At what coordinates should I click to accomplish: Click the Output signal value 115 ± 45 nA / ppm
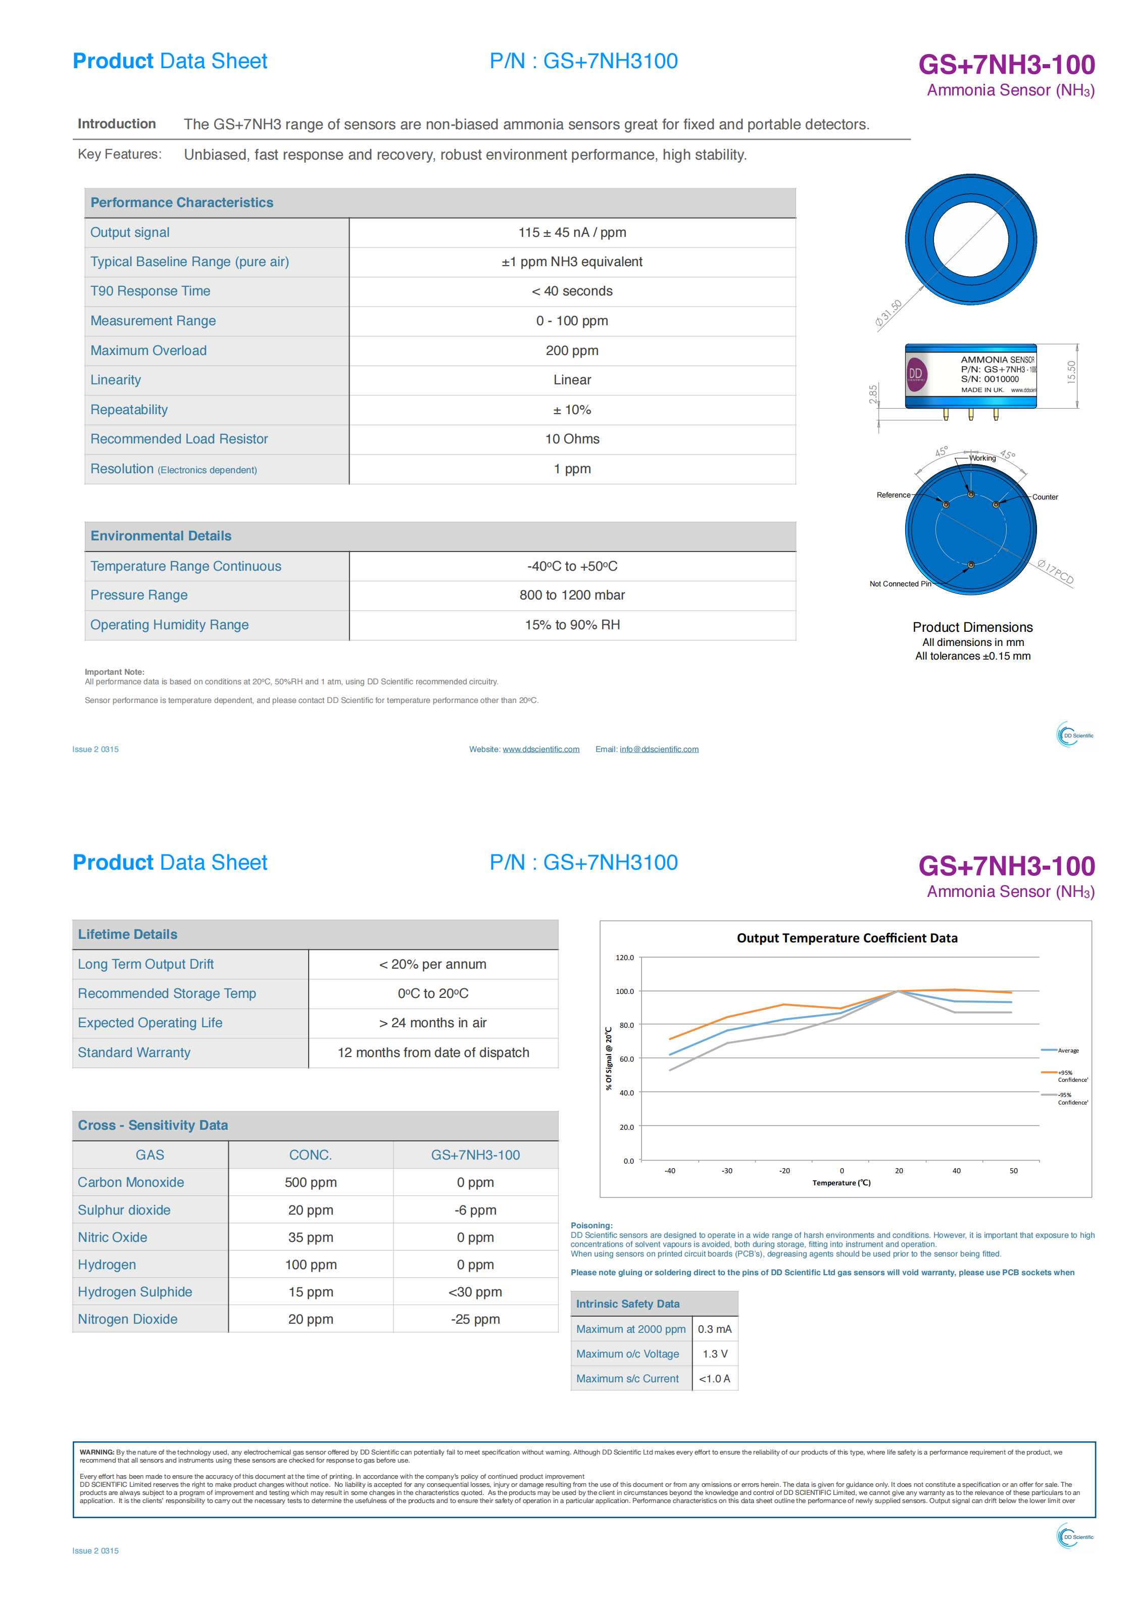pos(572,232)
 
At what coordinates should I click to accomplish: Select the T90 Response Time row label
pos(150,291)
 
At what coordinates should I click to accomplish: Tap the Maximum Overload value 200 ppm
pos(572,350)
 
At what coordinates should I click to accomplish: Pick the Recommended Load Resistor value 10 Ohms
pos(572,439)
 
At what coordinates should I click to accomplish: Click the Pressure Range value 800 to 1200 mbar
pos(572,595)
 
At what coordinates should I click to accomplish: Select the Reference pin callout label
pos(893,495)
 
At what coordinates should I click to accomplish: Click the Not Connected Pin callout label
pos(900,584)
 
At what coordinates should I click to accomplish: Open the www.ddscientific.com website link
pos(541,749)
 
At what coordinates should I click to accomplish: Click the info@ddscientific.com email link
pos(659,749)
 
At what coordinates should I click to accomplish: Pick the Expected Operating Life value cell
pos(433,1023)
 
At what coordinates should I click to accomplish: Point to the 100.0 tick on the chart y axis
pos(624,991)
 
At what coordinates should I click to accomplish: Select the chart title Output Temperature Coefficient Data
pos(847,938)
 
